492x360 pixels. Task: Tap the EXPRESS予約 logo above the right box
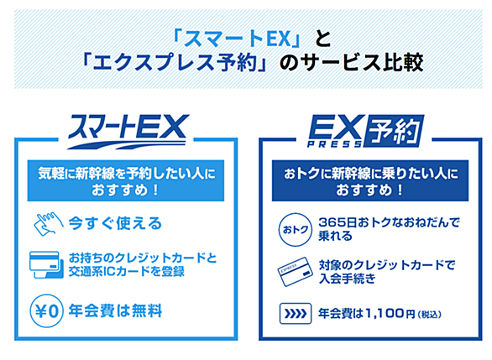365,131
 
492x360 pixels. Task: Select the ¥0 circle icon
47,310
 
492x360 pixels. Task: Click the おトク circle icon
296,230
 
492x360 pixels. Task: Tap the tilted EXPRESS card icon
296,272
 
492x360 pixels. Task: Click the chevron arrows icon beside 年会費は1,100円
296,313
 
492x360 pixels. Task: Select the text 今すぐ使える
115,223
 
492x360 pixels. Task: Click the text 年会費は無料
115,311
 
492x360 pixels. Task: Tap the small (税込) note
430,314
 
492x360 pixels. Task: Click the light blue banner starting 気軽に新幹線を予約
126,180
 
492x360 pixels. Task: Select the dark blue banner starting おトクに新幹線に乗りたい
370,180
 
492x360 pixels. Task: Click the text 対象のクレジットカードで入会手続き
387,272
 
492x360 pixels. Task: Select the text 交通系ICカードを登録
127,272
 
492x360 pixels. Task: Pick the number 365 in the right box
330,222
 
